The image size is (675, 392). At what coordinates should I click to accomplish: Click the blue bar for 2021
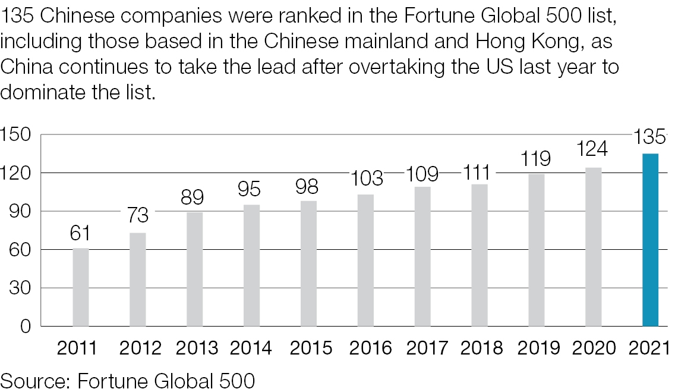point(650,240)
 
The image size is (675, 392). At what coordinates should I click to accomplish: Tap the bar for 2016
point(365,260)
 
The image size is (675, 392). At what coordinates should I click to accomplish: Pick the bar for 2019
point(537,250)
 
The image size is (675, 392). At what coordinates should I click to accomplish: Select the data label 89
point(194,196)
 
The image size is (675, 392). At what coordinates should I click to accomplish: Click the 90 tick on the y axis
point(19,212)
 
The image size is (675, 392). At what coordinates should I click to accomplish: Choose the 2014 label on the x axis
point(251,347)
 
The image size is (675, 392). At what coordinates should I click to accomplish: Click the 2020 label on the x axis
point(593,347)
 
